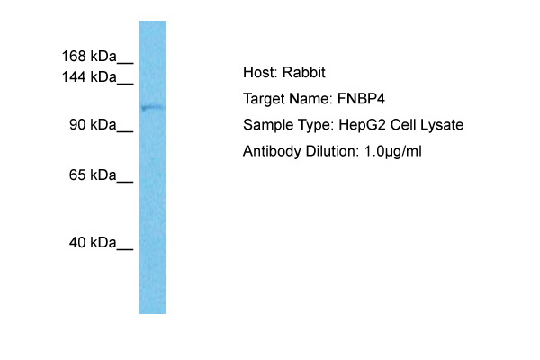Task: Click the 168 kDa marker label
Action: (x=89, y=56)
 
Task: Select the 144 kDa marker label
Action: (x=89, y=76)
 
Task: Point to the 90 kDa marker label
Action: (x=93, y=124)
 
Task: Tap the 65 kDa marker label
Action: (x=93, y=175)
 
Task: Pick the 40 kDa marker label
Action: (x=93, y=242)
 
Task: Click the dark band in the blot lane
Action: (x=153, y=108)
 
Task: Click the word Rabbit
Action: (x=304, y=72)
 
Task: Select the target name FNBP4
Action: (x=361, y=99)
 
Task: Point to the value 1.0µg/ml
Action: (x=393, y=151)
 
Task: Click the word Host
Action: (x=260, y=72)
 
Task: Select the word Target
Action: (x=264, y=99)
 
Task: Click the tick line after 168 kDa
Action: (x=125, y=63)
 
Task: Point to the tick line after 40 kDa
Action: (x=125, y=249)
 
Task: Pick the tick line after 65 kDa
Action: (x=125, y=182)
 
